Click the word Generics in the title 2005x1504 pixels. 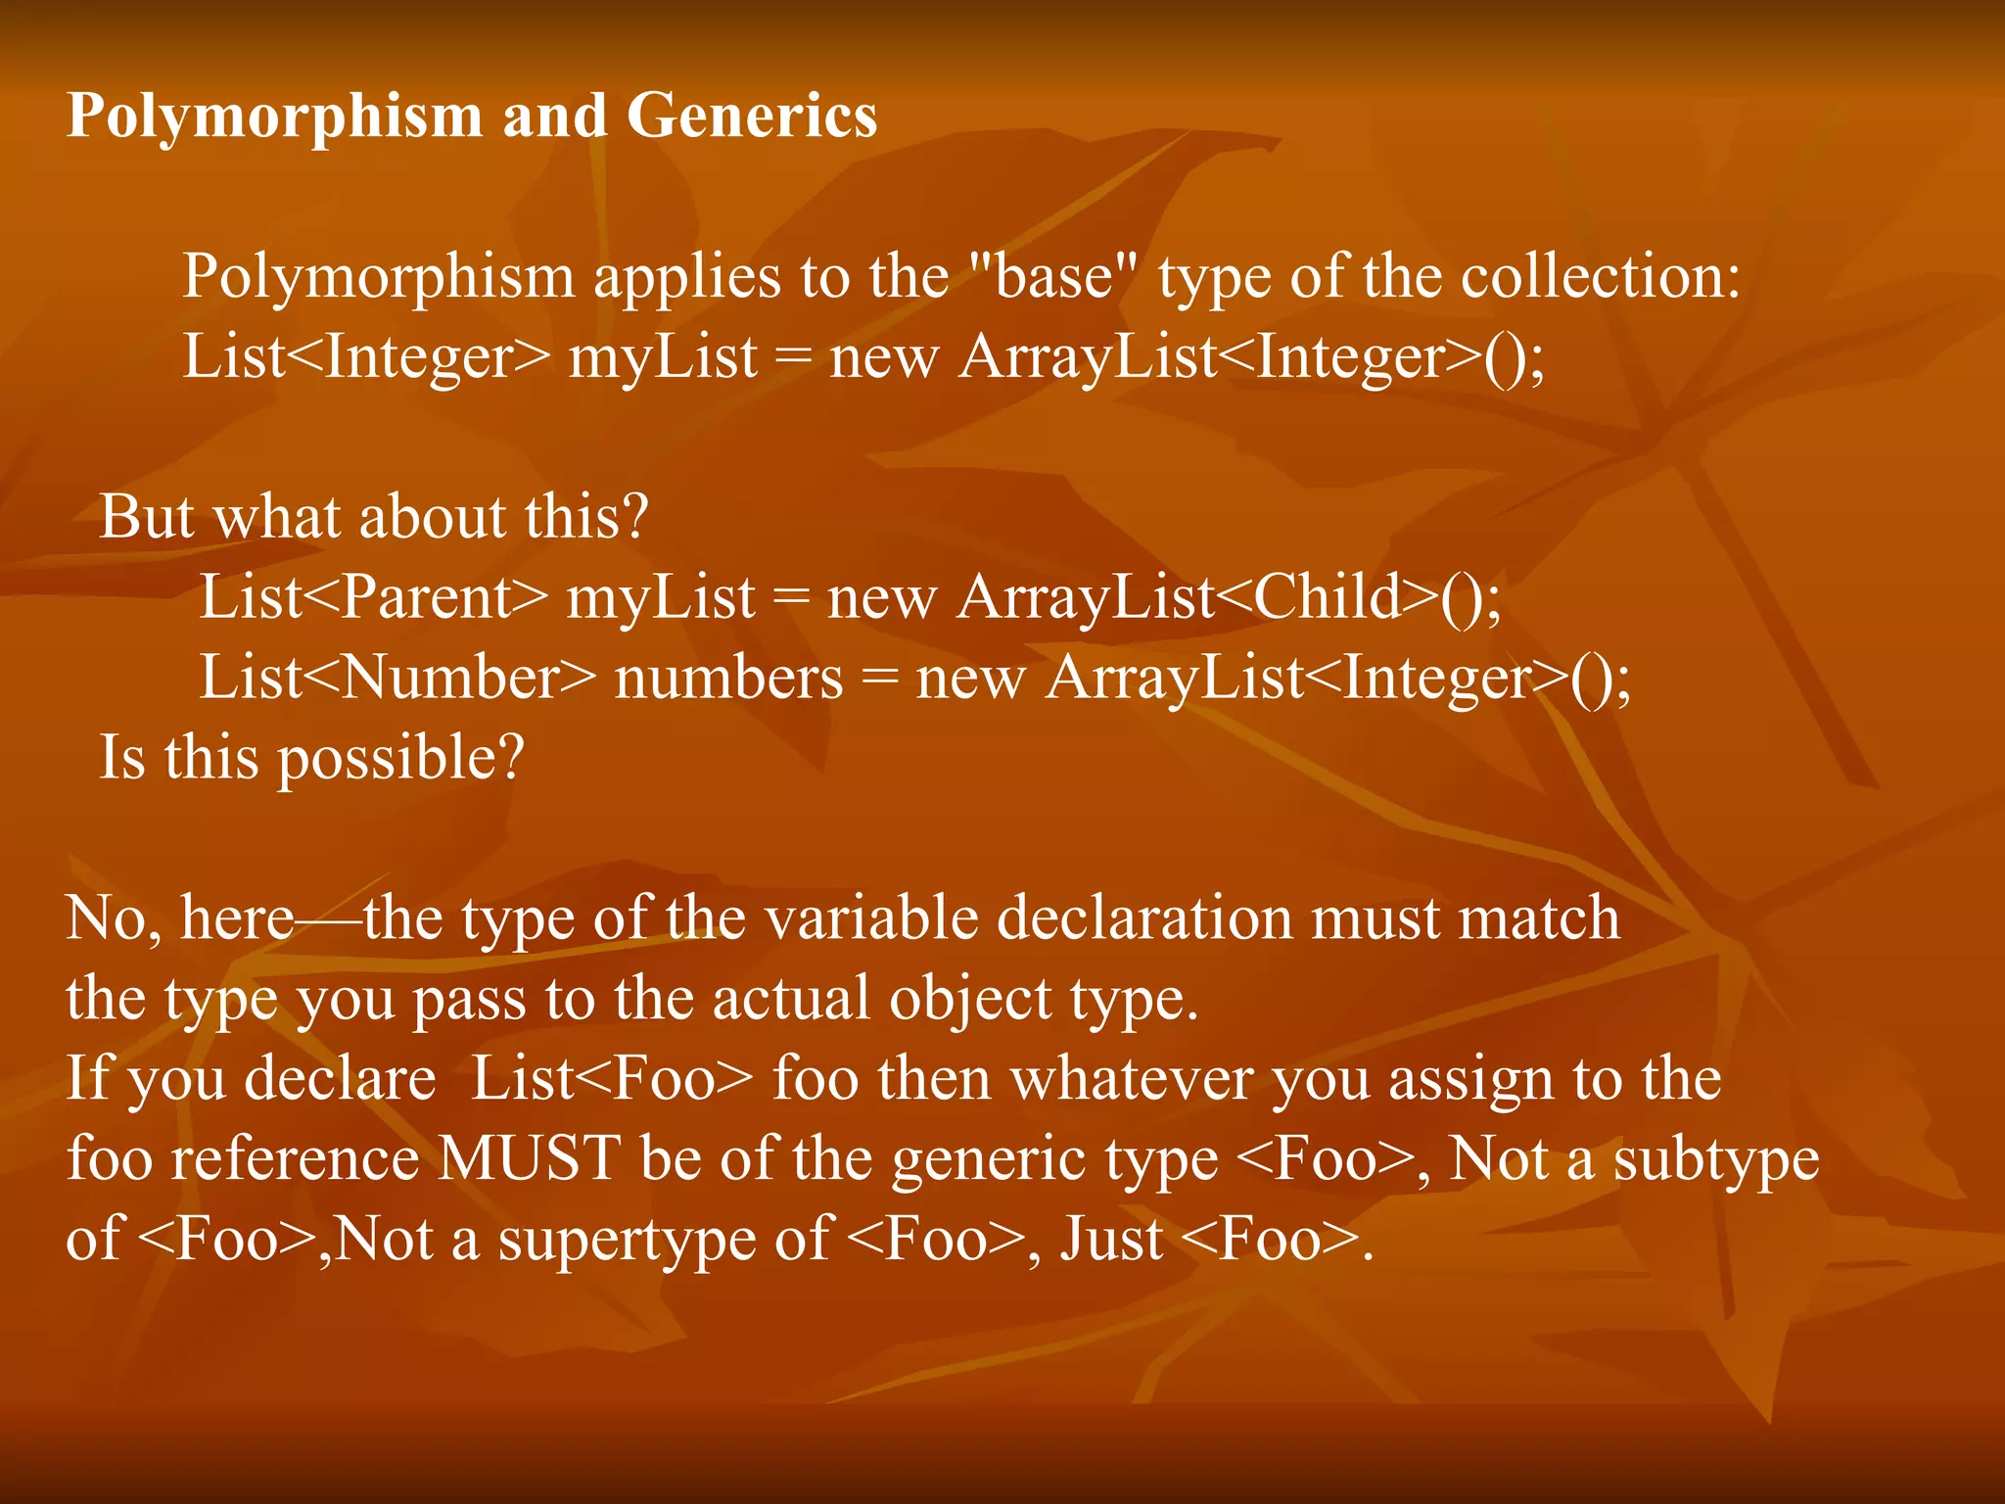751,116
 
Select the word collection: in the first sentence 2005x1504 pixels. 1601,276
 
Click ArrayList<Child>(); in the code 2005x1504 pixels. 1229,597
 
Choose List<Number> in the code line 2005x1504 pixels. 397,678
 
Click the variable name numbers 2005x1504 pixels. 728,678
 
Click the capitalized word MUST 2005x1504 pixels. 529,1159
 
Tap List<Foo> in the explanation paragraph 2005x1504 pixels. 612,1079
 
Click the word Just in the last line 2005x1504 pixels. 1111,1240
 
